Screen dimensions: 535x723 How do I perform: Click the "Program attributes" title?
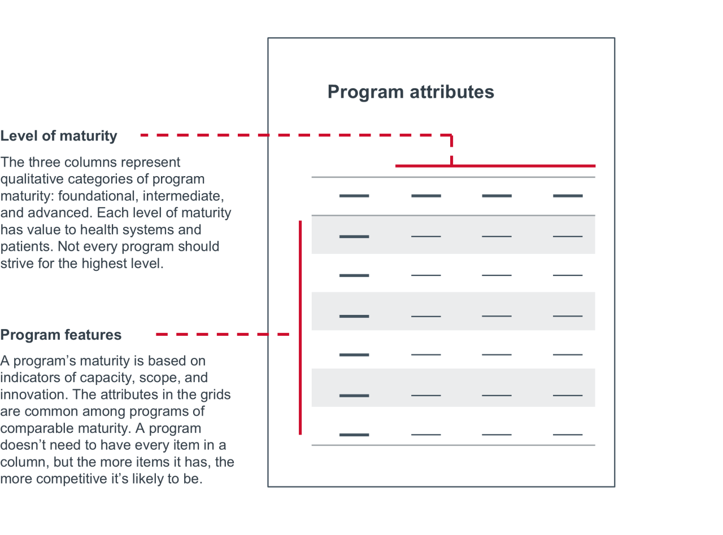[411, 92]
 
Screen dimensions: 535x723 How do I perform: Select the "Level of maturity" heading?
[59, 136]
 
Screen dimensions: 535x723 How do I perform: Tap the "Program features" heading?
[60, 335]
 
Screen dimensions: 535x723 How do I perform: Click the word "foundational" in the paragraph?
[92, 196]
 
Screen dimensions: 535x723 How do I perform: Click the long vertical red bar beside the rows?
[300, 327]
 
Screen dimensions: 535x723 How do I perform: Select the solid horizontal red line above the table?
[495, 166]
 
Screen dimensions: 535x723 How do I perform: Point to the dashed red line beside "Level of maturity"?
[294, 135]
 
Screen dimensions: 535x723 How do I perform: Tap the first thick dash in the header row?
[354, 196]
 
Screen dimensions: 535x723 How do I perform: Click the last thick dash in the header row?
[568, 196]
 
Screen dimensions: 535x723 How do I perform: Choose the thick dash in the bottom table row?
[354, 435]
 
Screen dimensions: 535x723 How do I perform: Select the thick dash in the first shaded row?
[354, 236]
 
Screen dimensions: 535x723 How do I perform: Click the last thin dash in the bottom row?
[568, 435]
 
